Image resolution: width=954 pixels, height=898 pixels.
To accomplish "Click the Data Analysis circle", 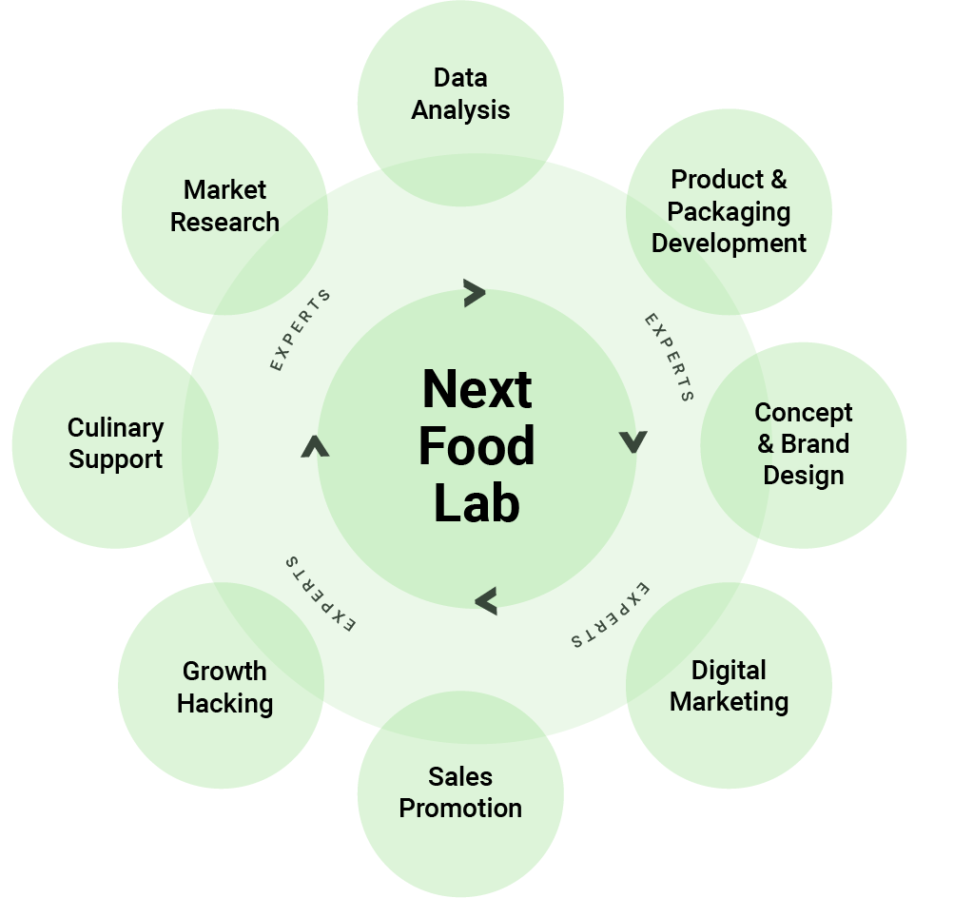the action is click(x=460, y=94).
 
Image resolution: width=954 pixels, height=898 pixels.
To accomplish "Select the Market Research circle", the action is click(x=224, y=206).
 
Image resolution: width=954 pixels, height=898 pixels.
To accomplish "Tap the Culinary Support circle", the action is click(x=115, y=444).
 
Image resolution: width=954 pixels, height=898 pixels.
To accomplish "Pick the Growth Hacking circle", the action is click(x=224, y=687).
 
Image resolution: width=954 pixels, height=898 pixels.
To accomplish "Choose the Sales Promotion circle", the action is click(x=460, y=793).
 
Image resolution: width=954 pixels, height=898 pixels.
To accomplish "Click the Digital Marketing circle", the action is click(x=730, y=687).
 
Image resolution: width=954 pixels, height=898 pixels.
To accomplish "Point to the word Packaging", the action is click(x=729, y=211).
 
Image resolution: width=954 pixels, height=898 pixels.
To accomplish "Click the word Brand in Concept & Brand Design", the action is click(x=815, y=444).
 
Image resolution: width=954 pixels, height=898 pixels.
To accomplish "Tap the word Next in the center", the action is click(x=477, y=388).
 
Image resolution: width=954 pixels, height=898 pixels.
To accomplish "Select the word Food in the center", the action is click(x=477, y=446).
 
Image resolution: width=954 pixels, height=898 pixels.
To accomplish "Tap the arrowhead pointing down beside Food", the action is click(x=633, y=441).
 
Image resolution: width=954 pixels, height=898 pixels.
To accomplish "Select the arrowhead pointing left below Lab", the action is click(x=486, y=600).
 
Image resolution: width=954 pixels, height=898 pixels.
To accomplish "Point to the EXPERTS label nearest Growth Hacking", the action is click(x=320, y=595).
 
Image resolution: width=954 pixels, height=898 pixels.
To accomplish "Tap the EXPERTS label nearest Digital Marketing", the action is click(x=612, y=614).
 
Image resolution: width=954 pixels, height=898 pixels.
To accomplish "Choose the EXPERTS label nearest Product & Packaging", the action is click(x=670, y=358).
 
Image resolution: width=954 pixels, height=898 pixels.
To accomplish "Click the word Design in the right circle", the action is click(x=804, y=476).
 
